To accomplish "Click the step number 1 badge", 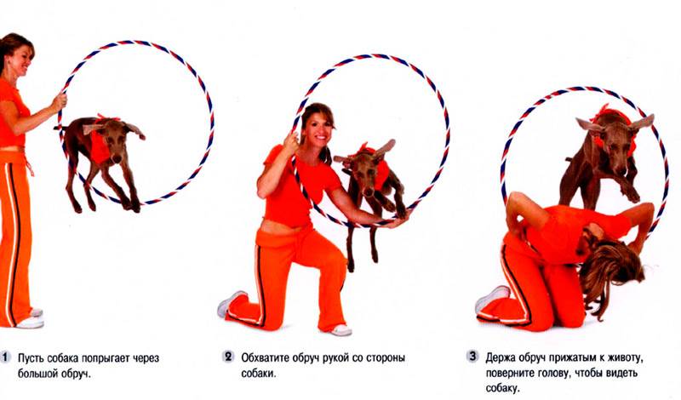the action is point(5,357).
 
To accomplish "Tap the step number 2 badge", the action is point(228,357).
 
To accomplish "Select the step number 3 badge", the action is point(472,356).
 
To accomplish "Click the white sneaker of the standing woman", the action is point(31,322).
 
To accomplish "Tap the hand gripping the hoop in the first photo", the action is point(59,102).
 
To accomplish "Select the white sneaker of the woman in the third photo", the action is point(491,299).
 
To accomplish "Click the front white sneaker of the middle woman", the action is point(341,330).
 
